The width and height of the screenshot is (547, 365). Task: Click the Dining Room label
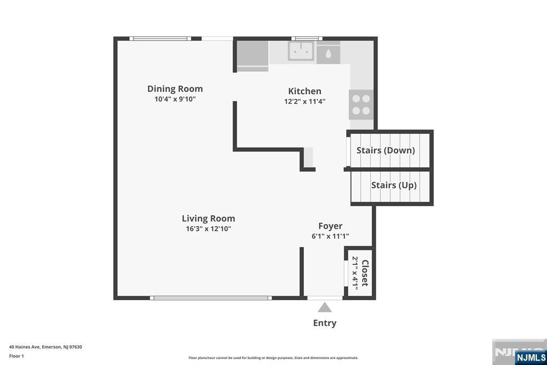(175, 89)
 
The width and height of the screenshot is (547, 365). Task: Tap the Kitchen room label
(304, 91)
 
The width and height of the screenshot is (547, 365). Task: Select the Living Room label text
(208, 218)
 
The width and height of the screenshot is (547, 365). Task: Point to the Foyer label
(330, 226)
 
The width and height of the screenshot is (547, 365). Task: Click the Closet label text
(365, 273)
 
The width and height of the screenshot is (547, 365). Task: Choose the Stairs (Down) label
(386, 150)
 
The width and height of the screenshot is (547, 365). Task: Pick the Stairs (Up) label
(394, 185)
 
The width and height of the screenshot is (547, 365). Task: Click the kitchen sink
(301, 51)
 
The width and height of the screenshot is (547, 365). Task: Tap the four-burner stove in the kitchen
(361, 104)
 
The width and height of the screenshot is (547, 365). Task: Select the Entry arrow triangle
(324, 308)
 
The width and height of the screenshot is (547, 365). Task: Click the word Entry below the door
(324, 323)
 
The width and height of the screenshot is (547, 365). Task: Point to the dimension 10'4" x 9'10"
(175, 99)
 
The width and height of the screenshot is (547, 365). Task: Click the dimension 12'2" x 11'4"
(304, 101)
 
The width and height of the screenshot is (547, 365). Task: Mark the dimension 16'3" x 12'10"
(208, 229)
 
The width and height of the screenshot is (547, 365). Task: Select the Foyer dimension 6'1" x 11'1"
(330, 236)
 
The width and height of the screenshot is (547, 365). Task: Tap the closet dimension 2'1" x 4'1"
(355, 273)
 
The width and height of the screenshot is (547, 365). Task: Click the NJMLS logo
(530, 357)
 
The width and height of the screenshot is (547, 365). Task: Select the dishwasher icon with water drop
(327, 54)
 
